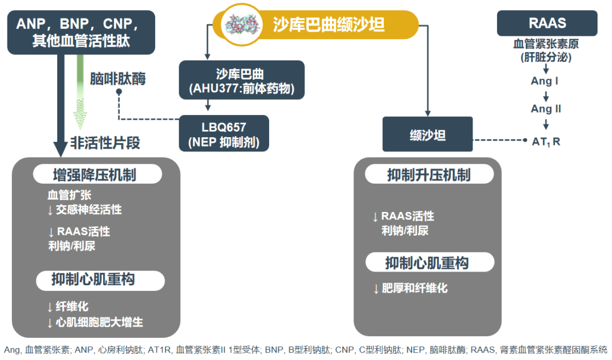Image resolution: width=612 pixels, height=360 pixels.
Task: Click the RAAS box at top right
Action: pos(547,23)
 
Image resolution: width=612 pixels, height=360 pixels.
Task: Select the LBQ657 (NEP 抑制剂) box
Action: pos(224,133)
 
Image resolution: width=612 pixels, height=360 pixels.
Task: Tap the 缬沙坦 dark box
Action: pos(427,134)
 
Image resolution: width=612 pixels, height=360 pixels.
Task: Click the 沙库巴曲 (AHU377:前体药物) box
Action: pos(241,80)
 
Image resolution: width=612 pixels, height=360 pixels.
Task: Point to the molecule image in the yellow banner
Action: pos(242,24)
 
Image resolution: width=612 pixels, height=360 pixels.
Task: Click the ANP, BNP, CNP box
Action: pos(81,32)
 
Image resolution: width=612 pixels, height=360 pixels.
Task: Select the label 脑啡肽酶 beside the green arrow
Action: pos(118,78)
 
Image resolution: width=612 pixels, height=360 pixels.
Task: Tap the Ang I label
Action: pos(545,81)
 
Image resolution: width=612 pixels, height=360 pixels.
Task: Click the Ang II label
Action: pos(546,108)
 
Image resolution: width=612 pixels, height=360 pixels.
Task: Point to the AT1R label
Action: pos(546,141)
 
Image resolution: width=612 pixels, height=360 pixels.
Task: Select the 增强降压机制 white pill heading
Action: pos(97,174)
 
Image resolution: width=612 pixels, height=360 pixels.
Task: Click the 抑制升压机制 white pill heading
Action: pos(430,174)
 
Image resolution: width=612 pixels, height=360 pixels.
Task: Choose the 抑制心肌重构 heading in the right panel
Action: pos(430,262)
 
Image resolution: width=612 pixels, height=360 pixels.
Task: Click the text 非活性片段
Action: pos(105,142)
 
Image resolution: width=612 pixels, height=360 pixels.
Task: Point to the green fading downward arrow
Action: pos(80,92)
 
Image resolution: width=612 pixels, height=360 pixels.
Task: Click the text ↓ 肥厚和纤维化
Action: pos(410,288)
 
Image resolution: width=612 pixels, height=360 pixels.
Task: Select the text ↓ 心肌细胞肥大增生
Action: pos(95,322)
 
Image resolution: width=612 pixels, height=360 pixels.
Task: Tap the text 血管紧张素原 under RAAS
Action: pos(546,44)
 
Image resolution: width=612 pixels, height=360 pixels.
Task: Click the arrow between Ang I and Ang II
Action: pos(546,96)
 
